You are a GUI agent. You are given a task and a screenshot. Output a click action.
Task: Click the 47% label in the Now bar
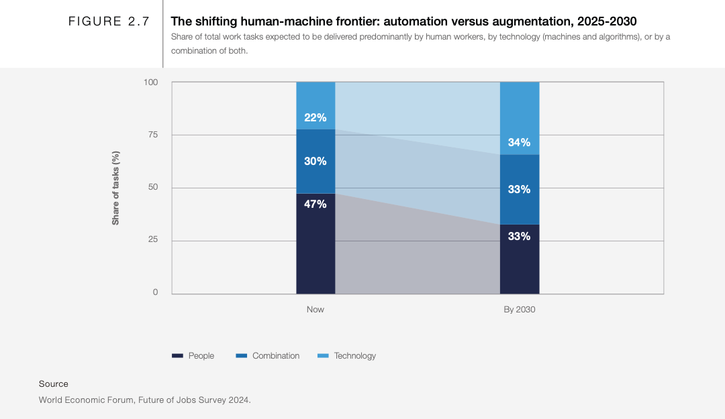tap(316, 204)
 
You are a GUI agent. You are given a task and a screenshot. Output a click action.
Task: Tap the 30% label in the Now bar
tap(316, 162)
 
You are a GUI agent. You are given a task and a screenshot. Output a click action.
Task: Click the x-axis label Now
tap(316, 310)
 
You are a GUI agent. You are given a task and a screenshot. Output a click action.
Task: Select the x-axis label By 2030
tap(520, 310)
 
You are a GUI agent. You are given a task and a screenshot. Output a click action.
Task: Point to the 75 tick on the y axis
tap(152, 135)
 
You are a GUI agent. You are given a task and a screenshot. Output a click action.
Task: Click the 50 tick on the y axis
tap(152, 187)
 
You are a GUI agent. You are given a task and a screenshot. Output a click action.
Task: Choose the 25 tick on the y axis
tap(152, 240)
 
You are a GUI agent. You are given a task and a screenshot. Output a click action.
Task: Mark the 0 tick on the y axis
tap(155, 292)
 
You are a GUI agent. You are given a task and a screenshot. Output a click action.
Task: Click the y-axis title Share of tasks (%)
tap(115, 188)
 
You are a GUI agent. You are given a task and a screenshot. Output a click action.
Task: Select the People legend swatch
tap(178, 356)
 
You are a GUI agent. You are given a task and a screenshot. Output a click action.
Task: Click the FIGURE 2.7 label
tap(109, 21)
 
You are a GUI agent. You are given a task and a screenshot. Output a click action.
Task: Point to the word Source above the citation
tap(54, 384)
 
